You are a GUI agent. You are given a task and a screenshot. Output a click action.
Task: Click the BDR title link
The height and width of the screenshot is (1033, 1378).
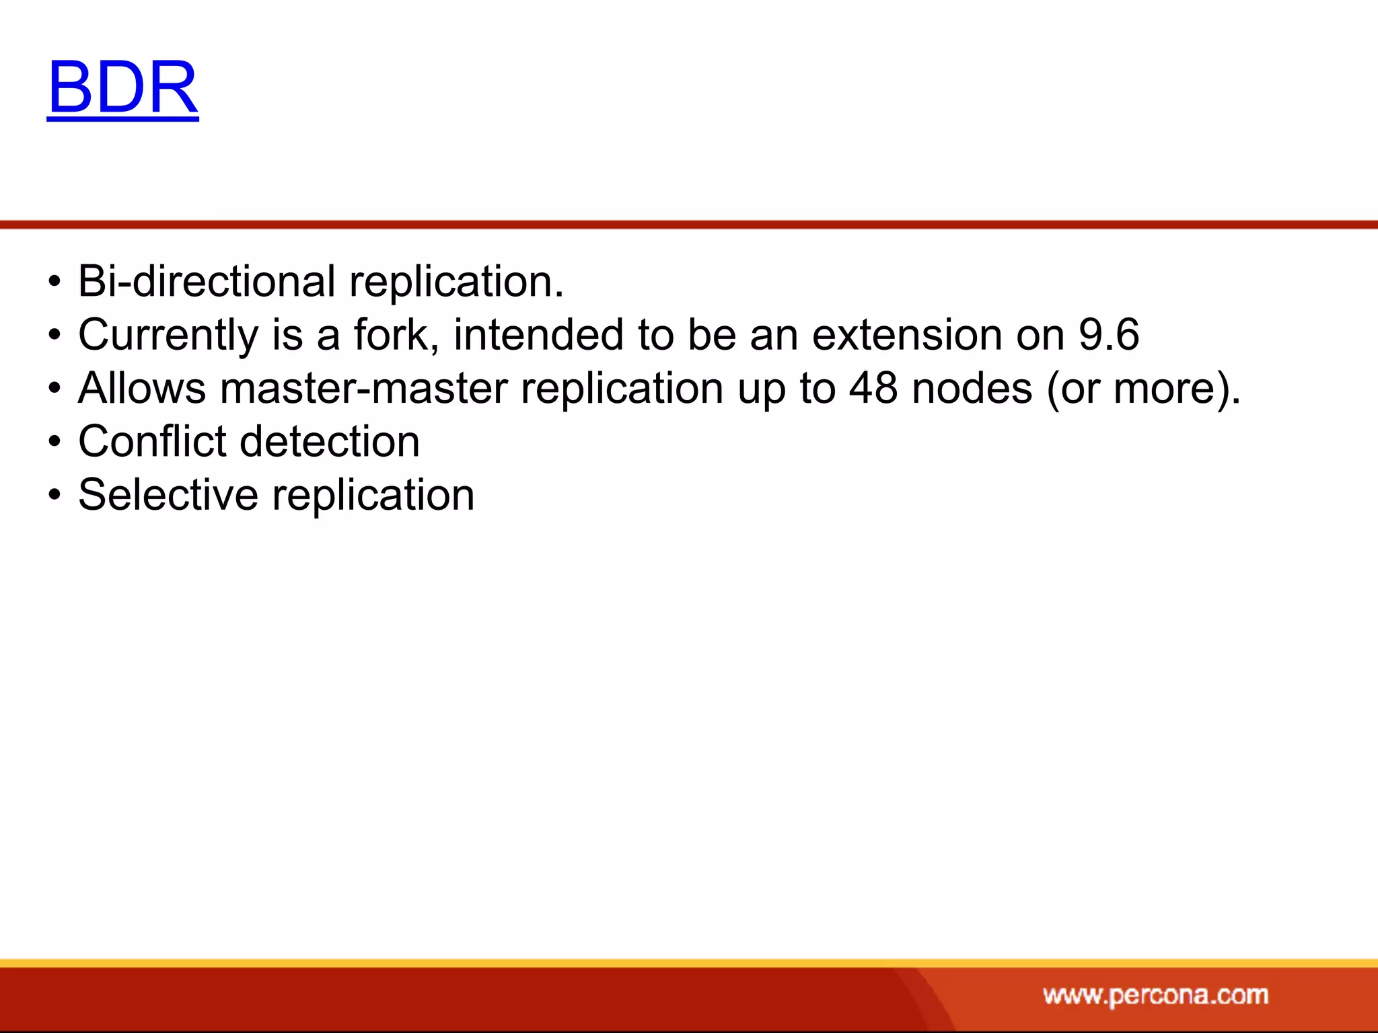click(123, 87)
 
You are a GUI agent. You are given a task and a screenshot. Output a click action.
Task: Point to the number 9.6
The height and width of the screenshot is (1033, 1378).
click(1109, 334)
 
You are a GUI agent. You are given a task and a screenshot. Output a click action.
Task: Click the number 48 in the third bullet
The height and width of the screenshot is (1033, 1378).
click(873, 388)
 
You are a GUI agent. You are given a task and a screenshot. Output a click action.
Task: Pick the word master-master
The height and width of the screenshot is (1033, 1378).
click(363, 388)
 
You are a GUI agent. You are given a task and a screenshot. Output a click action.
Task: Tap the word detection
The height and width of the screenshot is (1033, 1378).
click(330, 442)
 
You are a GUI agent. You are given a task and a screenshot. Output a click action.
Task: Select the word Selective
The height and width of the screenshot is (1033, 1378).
click(168, 495)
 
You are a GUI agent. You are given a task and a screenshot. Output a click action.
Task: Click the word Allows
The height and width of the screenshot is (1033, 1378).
click(142, 388)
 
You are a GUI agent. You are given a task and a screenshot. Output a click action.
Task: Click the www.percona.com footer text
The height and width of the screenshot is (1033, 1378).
click(1155, 995)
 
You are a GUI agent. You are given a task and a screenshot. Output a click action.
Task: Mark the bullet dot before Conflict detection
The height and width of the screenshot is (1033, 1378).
click(55, 443)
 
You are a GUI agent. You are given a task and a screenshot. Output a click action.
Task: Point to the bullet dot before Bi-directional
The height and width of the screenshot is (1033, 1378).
click(55, 282)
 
